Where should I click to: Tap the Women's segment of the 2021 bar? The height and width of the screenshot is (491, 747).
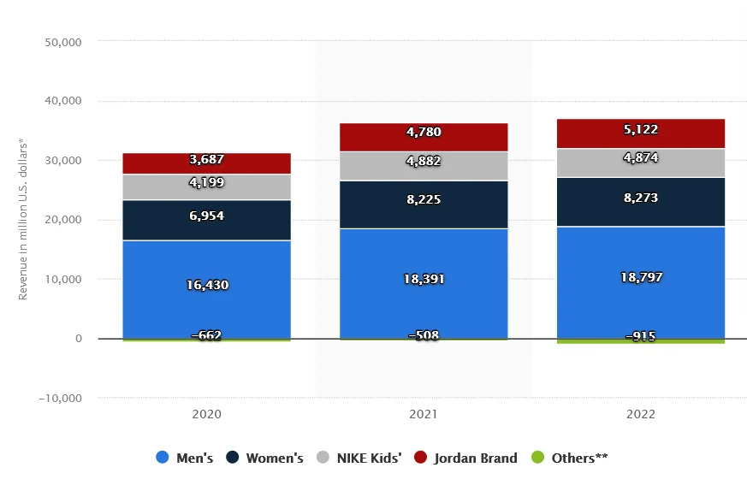pos(424,205)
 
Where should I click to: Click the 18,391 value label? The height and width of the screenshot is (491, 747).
pos(424,279)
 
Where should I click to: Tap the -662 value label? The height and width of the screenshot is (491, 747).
pos(206,335)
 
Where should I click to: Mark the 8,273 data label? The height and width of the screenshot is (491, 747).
pos(641,198)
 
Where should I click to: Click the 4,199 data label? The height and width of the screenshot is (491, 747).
pos(206,182)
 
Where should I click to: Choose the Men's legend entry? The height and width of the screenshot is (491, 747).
pos(185,458)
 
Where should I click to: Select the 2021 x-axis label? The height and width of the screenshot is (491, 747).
pos(424,414)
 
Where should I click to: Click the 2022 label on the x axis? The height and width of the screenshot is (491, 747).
pos(641,414)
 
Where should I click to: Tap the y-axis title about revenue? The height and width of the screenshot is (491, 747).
pos(23,220)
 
